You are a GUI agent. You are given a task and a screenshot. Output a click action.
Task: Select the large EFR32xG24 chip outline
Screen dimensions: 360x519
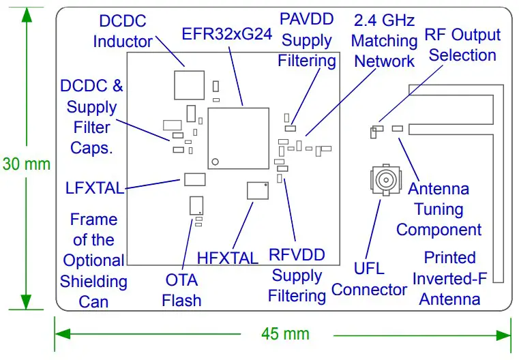[238, 138]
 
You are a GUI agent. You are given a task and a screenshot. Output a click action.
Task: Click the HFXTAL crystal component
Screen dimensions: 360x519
[258, 190]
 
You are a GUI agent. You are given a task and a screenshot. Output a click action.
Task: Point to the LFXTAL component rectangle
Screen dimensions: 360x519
[194, 179]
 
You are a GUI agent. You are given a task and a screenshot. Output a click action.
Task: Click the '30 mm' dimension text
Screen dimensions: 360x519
[26, 164]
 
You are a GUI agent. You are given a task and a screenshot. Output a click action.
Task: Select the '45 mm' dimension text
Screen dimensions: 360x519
[285, 333]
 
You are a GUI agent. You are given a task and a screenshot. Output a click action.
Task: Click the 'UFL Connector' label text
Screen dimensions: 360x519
[369, 280]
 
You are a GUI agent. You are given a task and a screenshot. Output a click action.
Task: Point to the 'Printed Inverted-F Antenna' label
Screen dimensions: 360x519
[449, 278]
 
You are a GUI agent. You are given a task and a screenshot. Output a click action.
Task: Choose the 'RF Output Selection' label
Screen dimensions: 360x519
[462, 45]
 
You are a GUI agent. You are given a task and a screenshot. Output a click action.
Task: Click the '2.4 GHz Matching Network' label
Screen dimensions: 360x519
[383, 41]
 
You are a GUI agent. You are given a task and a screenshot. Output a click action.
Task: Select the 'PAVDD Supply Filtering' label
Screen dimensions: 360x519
[307, 40]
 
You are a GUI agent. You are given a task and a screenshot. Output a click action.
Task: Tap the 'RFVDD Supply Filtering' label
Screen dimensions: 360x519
[297, 275]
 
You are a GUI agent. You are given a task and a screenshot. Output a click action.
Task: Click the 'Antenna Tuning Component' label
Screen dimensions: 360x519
[439, 209]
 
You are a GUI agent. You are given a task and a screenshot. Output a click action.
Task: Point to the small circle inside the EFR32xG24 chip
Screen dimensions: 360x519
[215, 161]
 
